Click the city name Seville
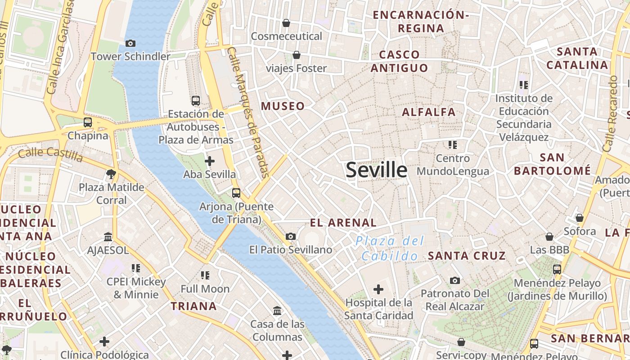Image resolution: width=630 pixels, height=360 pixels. (377, 170)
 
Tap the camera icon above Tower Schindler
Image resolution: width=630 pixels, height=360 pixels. (130, 43)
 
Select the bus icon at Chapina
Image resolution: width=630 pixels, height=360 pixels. (88, 122)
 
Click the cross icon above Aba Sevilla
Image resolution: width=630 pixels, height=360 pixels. (209, 161)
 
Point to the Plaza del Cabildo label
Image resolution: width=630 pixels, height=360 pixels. (390, 248)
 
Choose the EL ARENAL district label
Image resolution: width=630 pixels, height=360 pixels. (343, 222)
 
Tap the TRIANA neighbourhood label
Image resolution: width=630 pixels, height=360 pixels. (193, 306)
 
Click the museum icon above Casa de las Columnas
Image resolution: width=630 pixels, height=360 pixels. (277, 310)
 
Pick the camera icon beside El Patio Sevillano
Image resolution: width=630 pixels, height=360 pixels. (291, 236)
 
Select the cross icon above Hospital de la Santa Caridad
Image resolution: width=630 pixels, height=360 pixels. (378, 289)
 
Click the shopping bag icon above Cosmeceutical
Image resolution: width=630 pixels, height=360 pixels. (286, 23)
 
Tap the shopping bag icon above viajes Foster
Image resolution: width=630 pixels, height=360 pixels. (297, 55)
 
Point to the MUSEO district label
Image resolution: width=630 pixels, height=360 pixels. (283, 106)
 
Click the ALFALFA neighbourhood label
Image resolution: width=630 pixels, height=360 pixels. (429, 112)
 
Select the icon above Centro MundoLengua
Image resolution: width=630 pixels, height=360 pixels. (453, 145)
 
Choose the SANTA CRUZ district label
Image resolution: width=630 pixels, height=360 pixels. (467, 256)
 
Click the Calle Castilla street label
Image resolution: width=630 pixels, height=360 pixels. (51, 154)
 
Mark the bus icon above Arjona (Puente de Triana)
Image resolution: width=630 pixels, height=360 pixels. (236, 193)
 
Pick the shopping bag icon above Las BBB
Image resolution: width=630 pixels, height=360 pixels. (549, 237)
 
